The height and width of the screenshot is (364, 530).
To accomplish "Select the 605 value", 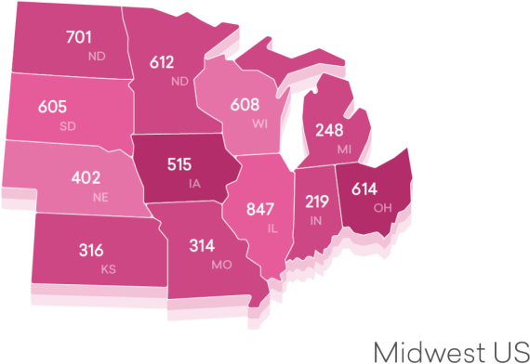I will point(53,107).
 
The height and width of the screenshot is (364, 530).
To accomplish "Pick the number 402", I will point(86,177).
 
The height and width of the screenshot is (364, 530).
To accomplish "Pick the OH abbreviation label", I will point(382,207).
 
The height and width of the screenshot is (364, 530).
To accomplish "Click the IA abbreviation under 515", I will point(194,183).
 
